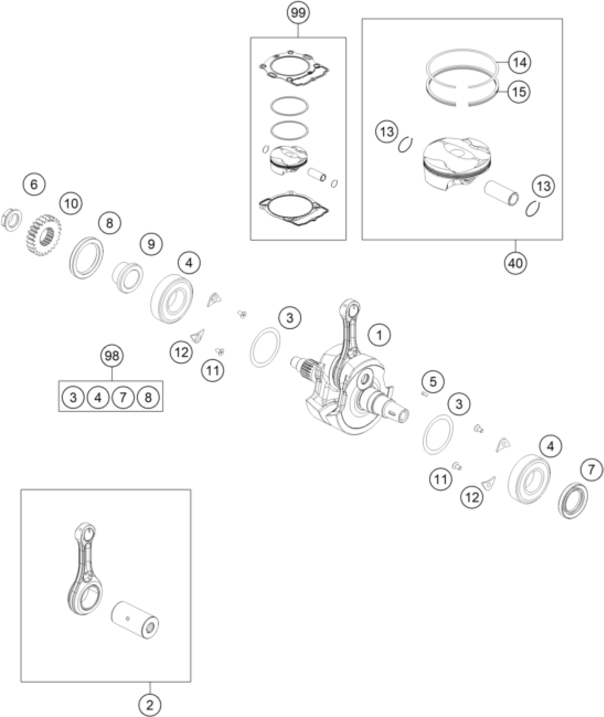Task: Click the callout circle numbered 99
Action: point(298,13)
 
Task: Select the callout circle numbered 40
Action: point(516,263)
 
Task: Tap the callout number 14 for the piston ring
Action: point(519,63)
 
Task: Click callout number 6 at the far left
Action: point(34,184)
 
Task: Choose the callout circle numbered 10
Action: point(71,204)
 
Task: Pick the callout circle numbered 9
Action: point(151,244)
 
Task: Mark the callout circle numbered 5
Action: point(433,382)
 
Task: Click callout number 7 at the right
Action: point(591,470)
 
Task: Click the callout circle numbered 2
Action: point(150,705)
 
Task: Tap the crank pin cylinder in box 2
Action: point(135,625)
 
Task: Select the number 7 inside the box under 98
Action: point(123,397)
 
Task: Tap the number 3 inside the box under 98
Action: point(73,397)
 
